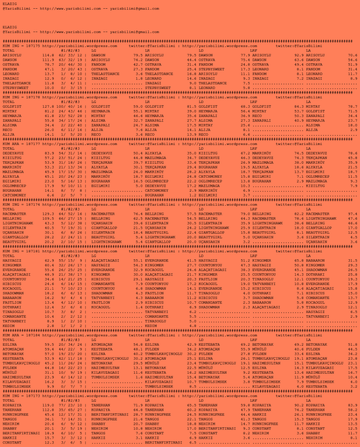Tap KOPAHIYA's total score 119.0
tap(48, 405)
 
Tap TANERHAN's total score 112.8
tap(48, 410)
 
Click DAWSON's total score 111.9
tap(48, 60)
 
